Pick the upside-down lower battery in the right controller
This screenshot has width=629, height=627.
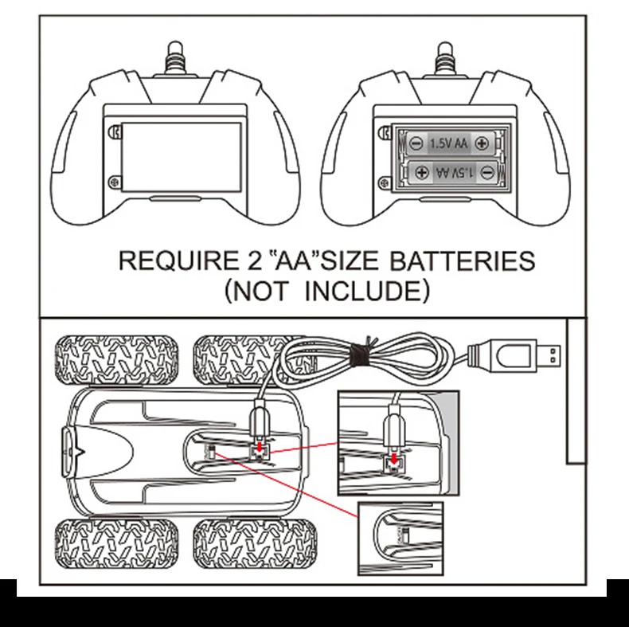[x=450, y=171]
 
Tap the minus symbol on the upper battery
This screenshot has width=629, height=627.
[x=416, y=144]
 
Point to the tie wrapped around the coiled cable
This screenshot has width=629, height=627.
[x=361, y=351]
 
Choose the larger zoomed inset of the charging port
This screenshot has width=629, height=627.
[x=398, y=441]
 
